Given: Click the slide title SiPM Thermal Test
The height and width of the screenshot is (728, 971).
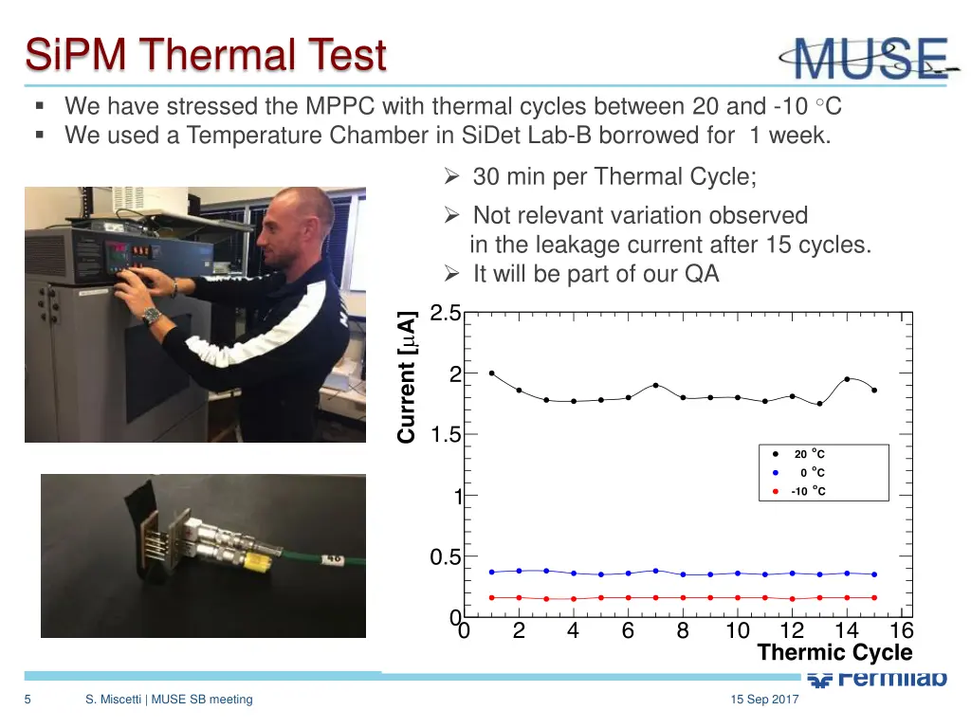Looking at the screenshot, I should coord(206,54).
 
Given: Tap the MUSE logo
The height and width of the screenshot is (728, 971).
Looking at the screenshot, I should coord(868,59).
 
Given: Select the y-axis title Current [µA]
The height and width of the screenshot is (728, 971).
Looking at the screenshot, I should coord(407,376).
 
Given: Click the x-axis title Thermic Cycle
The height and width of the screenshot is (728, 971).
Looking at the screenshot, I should coord(834,652).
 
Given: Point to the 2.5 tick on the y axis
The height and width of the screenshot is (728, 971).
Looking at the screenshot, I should coord(445,314).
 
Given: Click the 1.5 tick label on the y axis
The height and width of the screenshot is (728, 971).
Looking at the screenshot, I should coord(445,435).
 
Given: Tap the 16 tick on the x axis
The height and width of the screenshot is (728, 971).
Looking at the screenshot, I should coord(901,631).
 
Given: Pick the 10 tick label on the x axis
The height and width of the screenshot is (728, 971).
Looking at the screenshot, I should coord(737,631).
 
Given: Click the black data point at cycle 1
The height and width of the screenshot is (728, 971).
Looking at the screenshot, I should coord(491,373).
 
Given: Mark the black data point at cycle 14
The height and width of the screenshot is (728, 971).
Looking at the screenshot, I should coord(847,379).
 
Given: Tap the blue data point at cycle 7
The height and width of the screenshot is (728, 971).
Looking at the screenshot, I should coord(655,571).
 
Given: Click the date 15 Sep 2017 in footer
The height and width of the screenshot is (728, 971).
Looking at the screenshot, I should coord(764,700).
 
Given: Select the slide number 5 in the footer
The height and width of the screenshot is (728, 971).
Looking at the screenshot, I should coord(28,700).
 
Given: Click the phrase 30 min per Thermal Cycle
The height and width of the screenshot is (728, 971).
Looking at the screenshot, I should coord(614,176).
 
